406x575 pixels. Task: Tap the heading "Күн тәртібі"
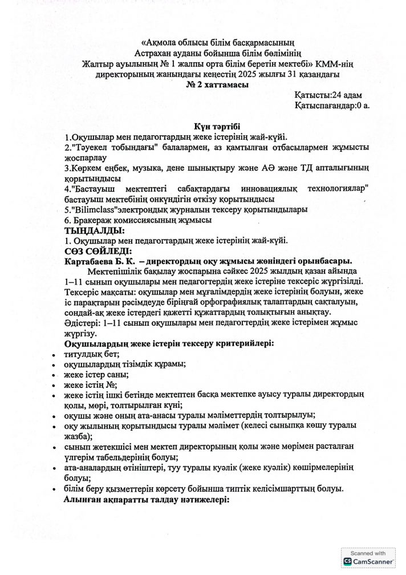pos(216,126)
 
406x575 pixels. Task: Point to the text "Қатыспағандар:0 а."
pos(333,106)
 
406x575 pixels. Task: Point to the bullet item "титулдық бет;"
pos(91,354)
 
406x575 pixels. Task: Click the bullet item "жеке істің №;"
pos(91,384)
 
